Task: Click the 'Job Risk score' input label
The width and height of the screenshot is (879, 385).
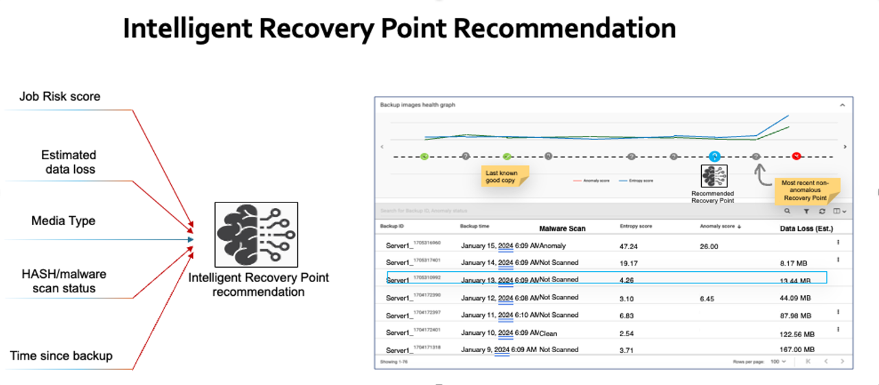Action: (x=60, y=97)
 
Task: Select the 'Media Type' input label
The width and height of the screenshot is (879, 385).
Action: (x=63, y=221)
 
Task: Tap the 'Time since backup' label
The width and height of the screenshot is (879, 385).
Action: (x=61, y=355)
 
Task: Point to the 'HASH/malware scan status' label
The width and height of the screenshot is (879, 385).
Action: (x=63, y=281)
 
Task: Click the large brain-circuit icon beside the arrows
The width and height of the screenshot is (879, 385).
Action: (x=256, y=235)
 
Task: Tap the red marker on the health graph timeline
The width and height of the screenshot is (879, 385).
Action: (x=797, y=156)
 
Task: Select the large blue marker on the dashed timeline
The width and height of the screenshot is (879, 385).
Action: (x=714, y=156)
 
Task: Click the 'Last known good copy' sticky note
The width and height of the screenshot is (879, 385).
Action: (x=501, y=176)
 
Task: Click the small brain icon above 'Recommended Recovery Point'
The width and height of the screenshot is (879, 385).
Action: (x=714, y=176)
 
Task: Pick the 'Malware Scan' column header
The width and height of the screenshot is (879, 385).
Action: (x=562, y=228)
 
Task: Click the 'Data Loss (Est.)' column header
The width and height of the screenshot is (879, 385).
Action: (x=807, y=228)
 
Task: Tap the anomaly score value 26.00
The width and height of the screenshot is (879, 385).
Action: (x=709, y=246)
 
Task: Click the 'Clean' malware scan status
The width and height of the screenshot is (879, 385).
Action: (x=549, y=334)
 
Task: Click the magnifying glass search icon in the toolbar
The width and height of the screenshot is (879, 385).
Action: (x=788, y=211)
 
